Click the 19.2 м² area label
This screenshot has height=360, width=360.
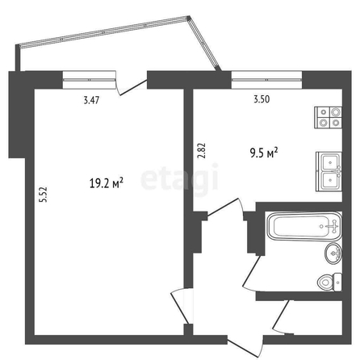coord(107,183)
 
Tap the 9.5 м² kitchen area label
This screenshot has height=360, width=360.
coord(264,153)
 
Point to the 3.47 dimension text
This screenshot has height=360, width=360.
coord(91,100)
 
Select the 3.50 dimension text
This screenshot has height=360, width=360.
coord(262,99)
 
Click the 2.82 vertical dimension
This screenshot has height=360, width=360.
coord(202,150)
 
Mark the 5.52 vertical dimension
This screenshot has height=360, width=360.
coord(43,195)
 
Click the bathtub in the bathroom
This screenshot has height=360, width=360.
coord(304,226)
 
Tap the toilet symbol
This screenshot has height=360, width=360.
coord(330,282)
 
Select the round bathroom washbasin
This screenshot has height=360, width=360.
coord(333,253)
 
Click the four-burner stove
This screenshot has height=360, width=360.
coord(329,117)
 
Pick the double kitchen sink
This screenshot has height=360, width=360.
coord(329,172)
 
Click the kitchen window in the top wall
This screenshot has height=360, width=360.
coord(266,80)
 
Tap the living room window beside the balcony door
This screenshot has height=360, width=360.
coord(89,80)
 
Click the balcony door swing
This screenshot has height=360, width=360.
coord(133,87)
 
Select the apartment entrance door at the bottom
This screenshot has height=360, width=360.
coord(245,346)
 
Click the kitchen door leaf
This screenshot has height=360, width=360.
coord(223,207)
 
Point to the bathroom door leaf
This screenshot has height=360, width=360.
coord(252,272)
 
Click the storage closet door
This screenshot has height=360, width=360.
coord(281,317)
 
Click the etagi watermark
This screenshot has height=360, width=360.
coord(179,178)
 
